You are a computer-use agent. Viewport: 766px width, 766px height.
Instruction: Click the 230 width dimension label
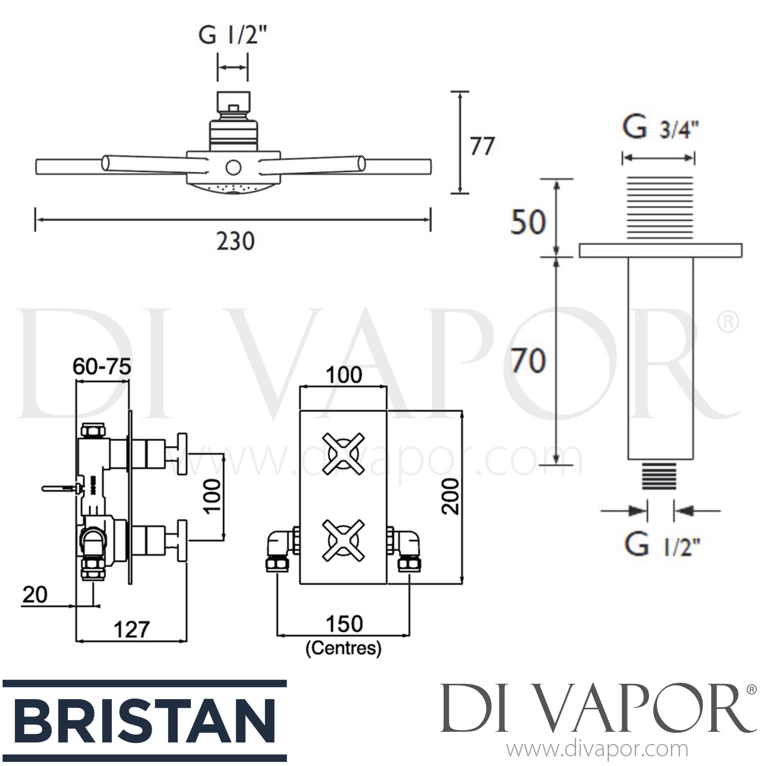[x=235, y=241]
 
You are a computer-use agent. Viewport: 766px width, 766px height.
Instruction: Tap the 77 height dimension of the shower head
[x=482, y=146]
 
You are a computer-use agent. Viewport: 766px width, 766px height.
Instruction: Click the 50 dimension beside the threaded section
[x=529, y=222]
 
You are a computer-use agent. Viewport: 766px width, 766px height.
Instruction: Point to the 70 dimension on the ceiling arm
[x=529, y=361]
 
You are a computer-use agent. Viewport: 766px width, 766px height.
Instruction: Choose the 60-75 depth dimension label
[x=102, y=366]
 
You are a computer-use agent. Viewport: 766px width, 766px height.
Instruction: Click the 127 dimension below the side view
[x=131, y=629]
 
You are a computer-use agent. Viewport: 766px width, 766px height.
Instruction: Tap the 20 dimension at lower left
[x=35, y=594]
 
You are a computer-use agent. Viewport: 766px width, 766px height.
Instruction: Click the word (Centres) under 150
[x=343, y=649]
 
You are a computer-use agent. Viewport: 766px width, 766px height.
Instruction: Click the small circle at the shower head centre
[x=233, y=166]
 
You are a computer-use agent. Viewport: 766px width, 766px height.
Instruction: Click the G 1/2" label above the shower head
[x=233, y=37]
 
